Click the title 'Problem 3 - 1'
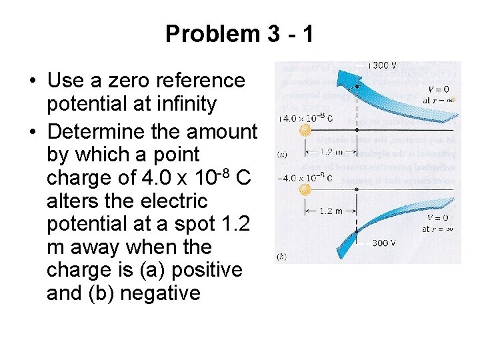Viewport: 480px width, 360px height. [x=239, y=33]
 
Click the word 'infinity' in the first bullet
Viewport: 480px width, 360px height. [x=182, y=104]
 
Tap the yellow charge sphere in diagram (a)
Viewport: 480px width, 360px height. [x=305, y=130]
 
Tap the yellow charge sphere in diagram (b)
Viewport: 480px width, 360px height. [x=305, y=189]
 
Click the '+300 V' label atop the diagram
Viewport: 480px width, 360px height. [x=383, y=66]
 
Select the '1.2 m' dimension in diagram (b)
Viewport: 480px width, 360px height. [x=331, y=211]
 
